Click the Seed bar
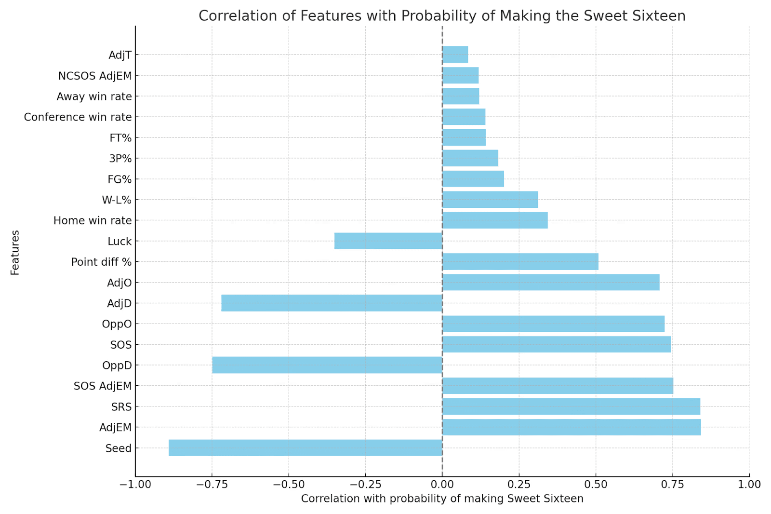pyautogui.click(x=305, y=448)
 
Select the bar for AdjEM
pyautogui.click(x=572, y=427)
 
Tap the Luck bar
pyautogui.click(x=388, y=241)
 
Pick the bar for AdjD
pyautogui.click(x=332, y=303)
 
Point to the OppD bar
pyautogui.click(x=327, y=365)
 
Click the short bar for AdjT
pyautogui.click(x=455, y=55)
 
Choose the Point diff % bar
pyautogui.click(x=520, y=262)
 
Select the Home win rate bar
pyautogui.click(x=495, y=220)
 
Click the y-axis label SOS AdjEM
pyautogui.click(x=103, y=386)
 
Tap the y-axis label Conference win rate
pyautogui.click(x=78, y=117)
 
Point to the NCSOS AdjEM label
pyautogui.click(x=95, y=76)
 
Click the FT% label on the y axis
pyautogui.click(x=120, y=138)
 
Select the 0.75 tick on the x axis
pyautogui.click(x=672, y=484)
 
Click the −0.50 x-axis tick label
pyautogui.click(x=288, y=484)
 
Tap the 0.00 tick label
pyautogui.click(x=442, y=484)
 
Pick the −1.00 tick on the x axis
pyautogui.click(x=135, y=484)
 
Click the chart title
pyautogui.click(x=442, y=16)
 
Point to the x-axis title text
pyautogui.click(x=442, y=499)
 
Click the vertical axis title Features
pyautogui.click(x=15, y=253)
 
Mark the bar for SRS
pyautogui.click(x=571, y=406)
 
